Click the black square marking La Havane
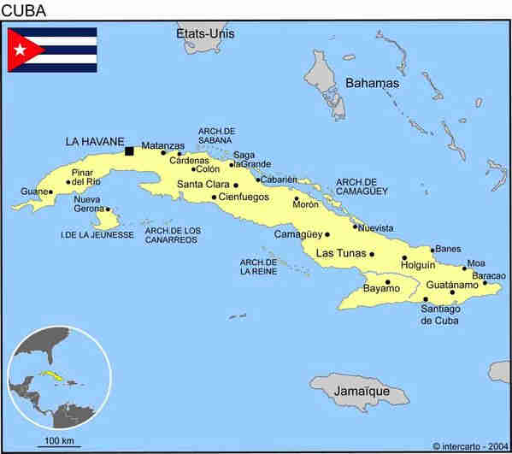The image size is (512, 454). pos(129,151)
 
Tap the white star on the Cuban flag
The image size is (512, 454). pos(20,50)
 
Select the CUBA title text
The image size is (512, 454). pos(24,10)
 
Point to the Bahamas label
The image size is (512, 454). pos(372,83)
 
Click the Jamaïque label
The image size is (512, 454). pos(361,392)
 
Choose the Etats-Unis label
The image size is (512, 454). pos(205,33)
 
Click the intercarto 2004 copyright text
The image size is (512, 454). pos(469,445)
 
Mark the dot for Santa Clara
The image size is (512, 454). pos(237,184)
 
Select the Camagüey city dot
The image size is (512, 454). pos(327,233)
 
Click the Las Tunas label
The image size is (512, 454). pos(341,253)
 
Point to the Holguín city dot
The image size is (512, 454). pos(404,257)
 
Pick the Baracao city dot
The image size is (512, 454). pos(485,283)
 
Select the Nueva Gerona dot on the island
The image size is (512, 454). pos(107,209)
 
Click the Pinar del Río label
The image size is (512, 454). pos(85,176)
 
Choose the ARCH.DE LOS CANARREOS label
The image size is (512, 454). pos(173,235)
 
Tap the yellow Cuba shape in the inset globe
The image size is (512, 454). pos(52,376)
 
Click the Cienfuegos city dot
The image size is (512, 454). pos(214,198)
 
